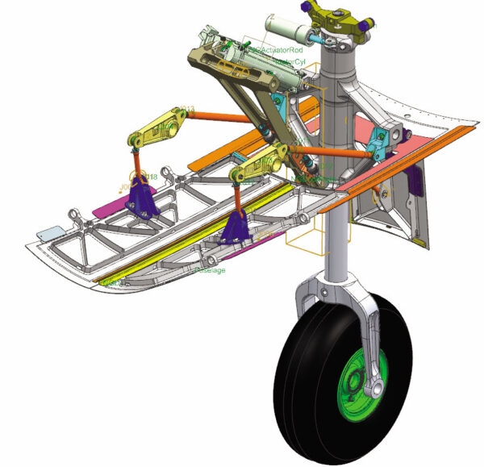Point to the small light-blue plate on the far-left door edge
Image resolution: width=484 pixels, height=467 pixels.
(56, 231)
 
